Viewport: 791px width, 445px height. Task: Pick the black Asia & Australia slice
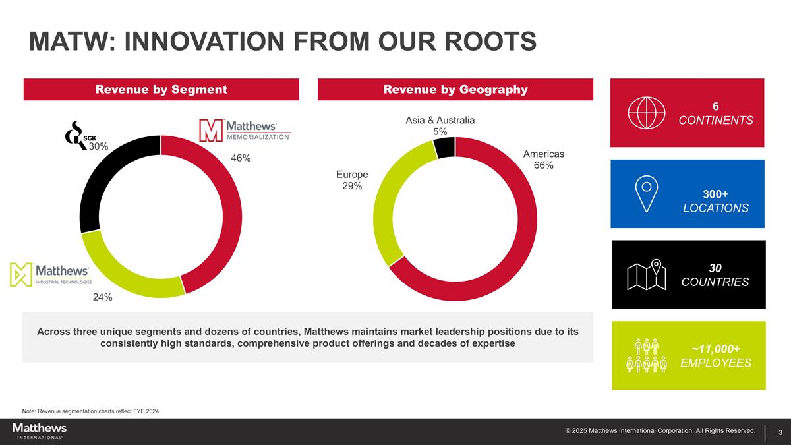[x=444, y=147]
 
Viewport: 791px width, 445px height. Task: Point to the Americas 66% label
[x=544, y=160]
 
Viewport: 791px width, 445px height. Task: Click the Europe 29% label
[x=352, y=180]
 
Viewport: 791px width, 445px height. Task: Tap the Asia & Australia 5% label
[x=440, y=126]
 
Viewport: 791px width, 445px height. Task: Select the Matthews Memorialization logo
[x=245, y=130]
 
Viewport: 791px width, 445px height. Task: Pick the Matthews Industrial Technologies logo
[x=50, y=274]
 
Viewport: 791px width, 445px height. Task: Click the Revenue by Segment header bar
[x=161, y=90]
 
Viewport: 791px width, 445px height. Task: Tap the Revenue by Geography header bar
[x=455, y=90]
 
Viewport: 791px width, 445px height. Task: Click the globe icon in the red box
[x=643, y=113]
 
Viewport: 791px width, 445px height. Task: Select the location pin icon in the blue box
[x=647, y=194]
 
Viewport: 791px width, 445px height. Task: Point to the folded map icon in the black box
[x=646, y=276]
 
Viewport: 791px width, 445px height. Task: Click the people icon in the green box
[x=647, y=356]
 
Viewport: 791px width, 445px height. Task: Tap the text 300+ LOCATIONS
[x=715, y=201]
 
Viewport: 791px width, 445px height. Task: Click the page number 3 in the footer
[x=780, y=432]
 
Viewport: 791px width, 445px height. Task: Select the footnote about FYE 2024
[x=90, y=411]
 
